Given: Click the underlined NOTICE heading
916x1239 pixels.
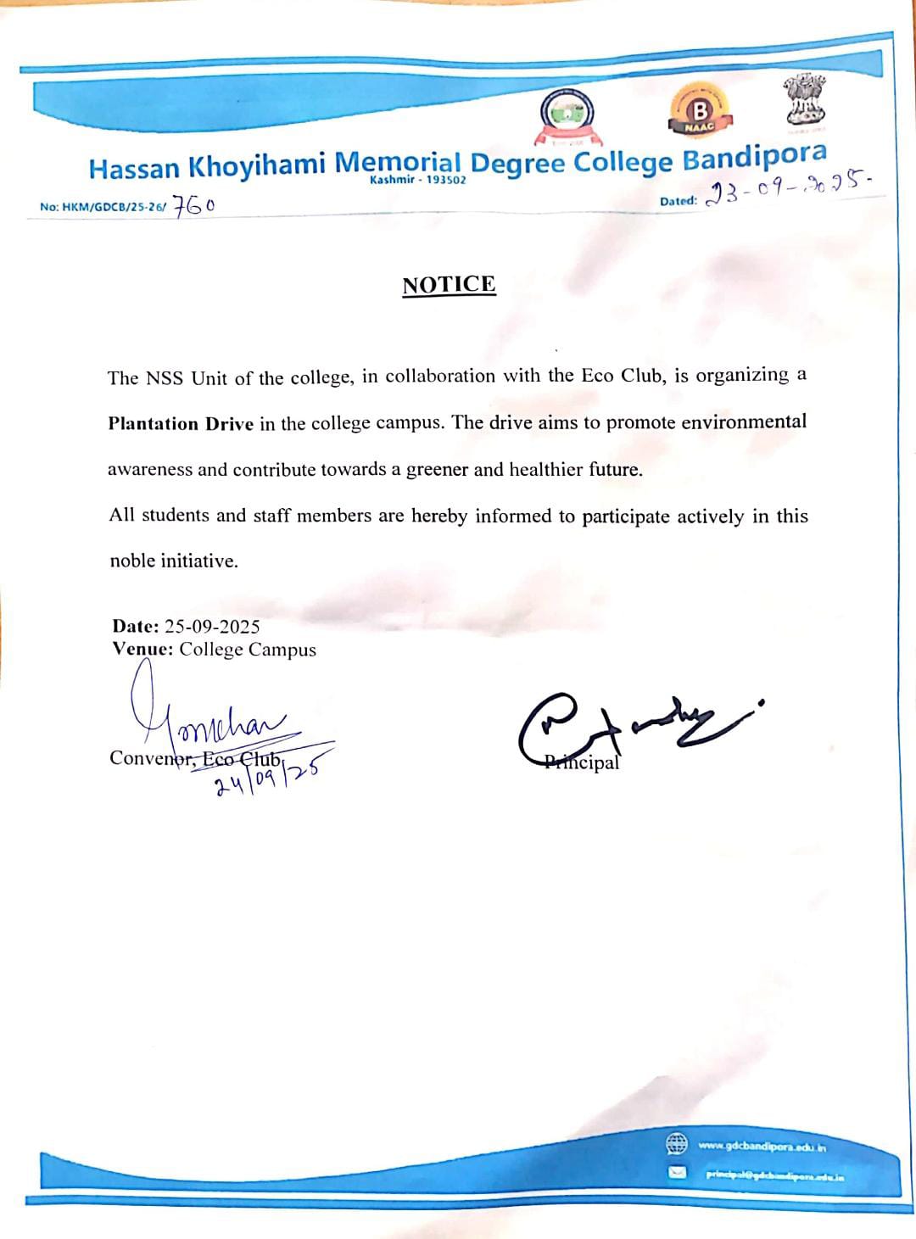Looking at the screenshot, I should (449, 284).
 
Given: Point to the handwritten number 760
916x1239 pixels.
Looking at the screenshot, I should (194, 206).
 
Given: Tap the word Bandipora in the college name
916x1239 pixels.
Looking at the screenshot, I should (754, 156).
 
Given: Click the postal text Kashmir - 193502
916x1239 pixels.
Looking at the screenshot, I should (418, 181).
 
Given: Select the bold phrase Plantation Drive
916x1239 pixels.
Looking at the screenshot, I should (181, 423).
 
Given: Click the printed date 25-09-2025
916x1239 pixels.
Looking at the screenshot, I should (212, 627).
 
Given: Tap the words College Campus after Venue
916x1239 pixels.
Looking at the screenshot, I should (248, 650).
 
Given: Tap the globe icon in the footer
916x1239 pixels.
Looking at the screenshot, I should (676, 1144).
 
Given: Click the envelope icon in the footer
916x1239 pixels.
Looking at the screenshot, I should (676, 1173).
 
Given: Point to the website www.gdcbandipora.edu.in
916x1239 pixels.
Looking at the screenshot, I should (762, 1147).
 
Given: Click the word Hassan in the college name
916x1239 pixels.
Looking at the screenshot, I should (136, 169).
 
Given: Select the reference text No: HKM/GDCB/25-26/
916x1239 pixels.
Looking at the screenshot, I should (103, 207).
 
